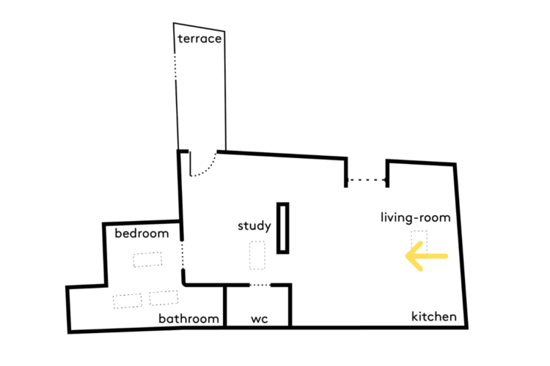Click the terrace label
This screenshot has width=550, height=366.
(199, 39)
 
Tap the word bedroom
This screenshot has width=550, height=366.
(142, 234)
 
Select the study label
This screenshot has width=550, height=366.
(254, 226)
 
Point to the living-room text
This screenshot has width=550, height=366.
(416, 217)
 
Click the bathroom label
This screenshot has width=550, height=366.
(188, 318)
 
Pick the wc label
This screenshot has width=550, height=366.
(260, 319)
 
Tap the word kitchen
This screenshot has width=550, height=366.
(434, 317)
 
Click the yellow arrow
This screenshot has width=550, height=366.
(427, 256)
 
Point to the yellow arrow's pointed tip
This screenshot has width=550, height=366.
(406, 256)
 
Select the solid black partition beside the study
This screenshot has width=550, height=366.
(283, 228)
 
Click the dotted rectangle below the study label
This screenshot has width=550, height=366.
(257, 255)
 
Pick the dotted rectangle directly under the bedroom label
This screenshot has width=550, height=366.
(147, 260)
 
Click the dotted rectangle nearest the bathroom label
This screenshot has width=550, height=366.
(164, 298)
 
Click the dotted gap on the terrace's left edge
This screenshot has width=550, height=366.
(175, 67)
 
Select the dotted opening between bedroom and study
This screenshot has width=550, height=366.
(183, 255)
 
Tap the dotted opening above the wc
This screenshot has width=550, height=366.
(260, 285)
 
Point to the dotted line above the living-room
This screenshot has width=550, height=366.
(367, 180)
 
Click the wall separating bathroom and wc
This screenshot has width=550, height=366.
(225, 307)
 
